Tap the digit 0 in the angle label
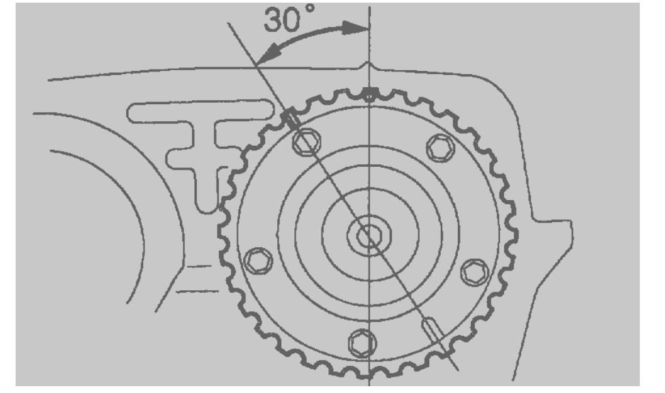pos(294,20)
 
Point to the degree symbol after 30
pos(311,8)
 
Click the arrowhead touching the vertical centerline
pos(356,28)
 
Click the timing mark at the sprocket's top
pos(369,95)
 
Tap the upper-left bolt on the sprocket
pos(306,142)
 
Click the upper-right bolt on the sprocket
pos(441,148)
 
